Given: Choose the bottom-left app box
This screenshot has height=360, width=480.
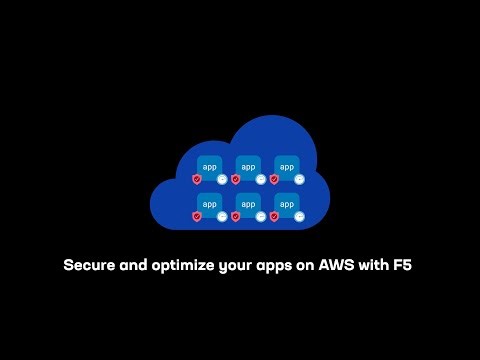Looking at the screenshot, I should (210, 203).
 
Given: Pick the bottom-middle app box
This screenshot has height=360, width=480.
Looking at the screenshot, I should (248, 203).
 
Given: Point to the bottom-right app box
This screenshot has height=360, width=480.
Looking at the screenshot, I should (286, 203).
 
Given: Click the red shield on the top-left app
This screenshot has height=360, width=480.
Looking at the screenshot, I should (197, 180).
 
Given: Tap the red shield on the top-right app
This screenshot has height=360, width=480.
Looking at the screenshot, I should (273, 180).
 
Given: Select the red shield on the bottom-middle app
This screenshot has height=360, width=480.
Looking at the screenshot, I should (235, 216).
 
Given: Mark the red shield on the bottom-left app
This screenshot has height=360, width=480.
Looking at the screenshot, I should (197, 216).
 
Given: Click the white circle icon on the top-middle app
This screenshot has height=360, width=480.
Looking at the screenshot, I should (261, 180).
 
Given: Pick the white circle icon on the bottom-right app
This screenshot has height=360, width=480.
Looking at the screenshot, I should (299, 216).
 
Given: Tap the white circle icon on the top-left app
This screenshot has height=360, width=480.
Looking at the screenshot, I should (223, 180).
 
